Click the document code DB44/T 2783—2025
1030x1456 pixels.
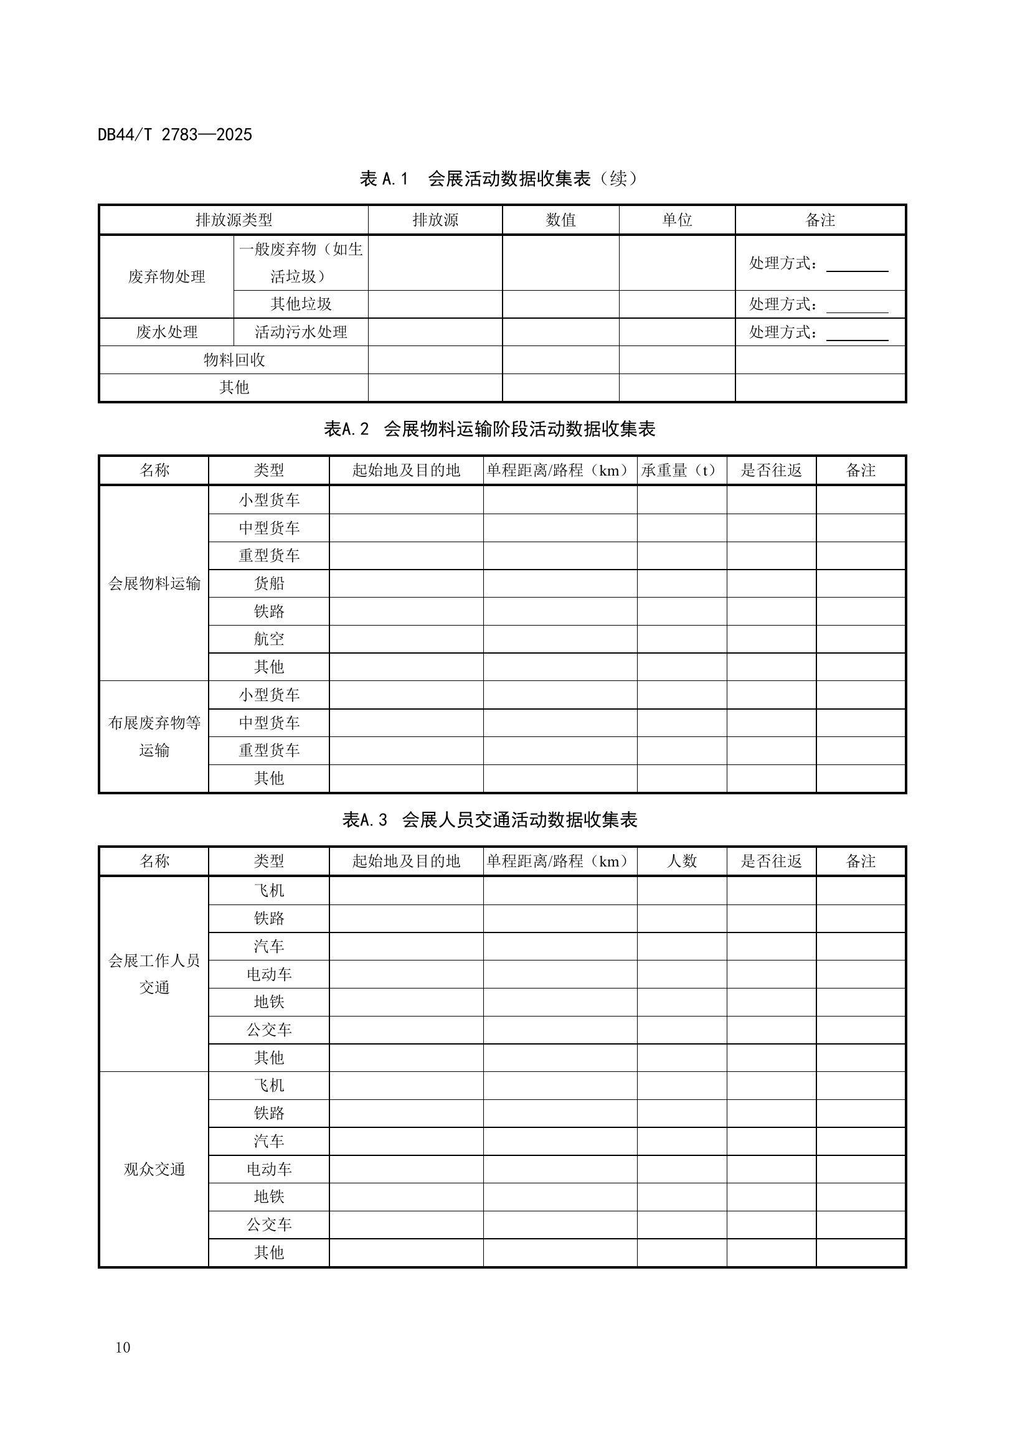[174, 134]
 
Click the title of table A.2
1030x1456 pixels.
[489, 430]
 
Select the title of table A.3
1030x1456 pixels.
[489, 820]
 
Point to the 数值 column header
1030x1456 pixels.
[560, 220]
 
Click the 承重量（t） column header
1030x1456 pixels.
[681, 471]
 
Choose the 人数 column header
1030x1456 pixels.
[682, 861]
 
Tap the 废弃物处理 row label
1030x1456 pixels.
[167, 276]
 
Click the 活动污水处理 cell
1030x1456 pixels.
[301, 332]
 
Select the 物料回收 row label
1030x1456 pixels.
[234, 360]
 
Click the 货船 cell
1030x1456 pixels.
[269, 583]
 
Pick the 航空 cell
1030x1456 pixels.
[269, 639]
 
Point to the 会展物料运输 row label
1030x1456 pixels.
[154, 583]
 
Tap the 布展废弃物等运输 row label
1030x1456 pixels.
[154, 737]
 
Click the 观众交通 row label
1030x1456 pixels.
[154, 1170]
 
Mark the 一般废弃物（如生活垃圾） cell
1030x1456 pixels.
[301, 263]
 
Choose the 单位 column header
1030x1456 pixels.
[677, 220]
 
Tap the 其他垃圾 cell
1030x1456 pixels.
[301, 304]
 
